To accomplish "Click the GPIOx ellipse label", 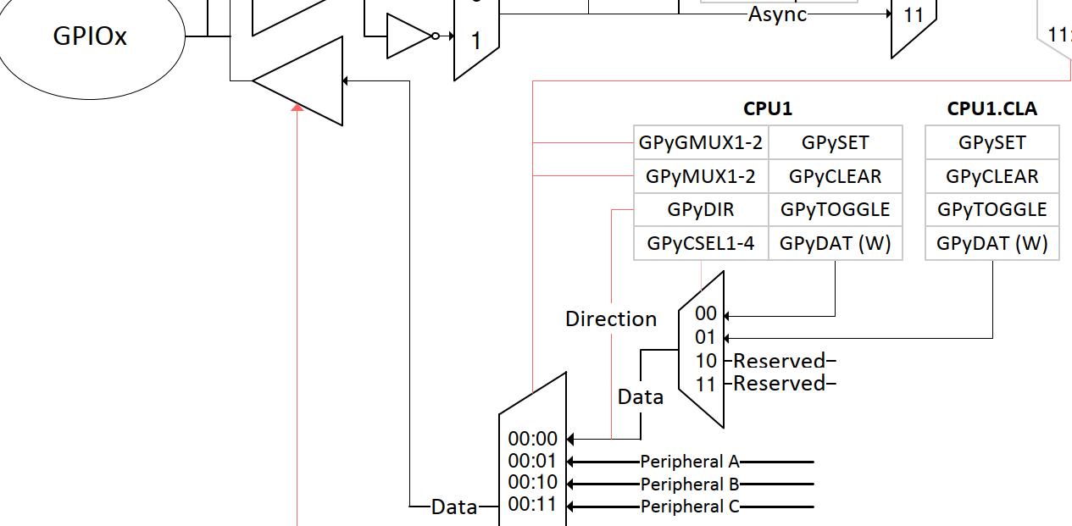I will [x=91, y=36].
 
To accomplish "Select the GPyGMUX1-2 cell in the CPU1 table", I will [x=701, y=143].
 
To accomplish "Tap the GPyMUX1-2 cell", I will [x=701, y=176].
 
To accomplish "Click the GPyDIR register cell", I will [x=701, y=210].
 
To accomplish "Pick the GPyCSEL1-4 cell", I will [x=701, y=244].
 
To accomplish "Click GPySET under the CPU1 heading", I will [x=835, y=143].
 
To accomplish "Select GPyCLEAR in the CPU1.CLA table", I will [x=991, y=176].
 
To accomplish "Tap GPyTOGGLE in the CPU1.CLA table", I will [x=991, y=210].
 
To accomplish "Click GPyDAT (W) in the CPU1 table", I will [x=835, y=244].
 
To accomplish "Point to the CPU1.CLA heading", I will [x=991, y=108].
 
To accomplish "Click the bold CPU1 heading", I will [x=768, y=108].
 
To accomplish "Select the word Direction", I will [x=611, y=319].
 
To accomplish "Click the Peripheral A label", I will [x=690, y=462].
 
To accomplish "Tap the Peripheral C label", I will [x=690, y=507].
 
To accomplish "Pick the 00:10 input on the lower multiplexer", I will [x=533, y=483].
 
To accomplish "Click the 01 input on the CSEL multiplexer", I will [x=706, y=338].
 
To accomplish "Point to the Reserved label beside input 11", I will [x=779, y=384].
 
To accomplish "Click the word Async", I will [x=777, y=14].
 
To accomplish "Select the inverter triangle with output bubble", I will [x=409, y=36].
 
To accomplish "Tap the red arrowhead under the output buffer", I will [x=297, y=107].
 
